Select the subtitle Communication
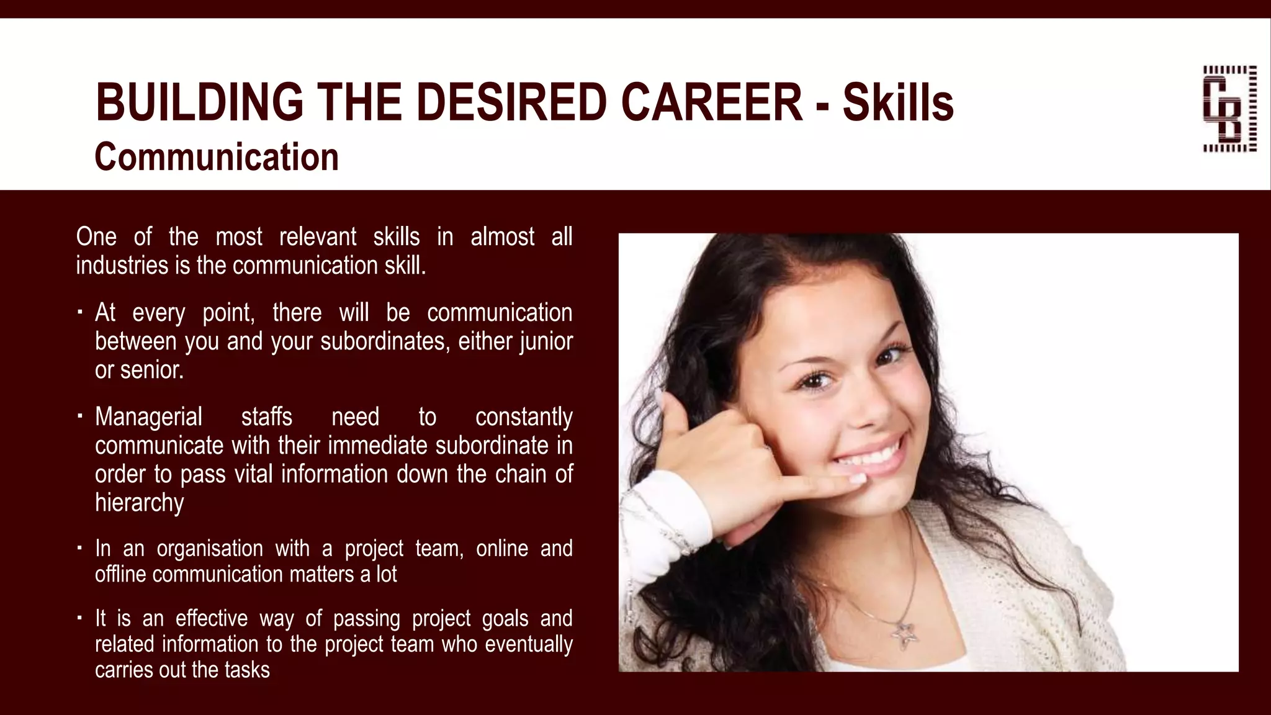(217, 156)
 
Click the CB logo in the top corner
(1229, 109)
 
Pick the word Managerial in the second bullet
(148, 417)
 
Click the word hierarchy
(140, 503)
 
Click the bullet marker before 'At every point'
(80, 312)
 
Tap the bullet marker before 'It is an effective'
(80, 618)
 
